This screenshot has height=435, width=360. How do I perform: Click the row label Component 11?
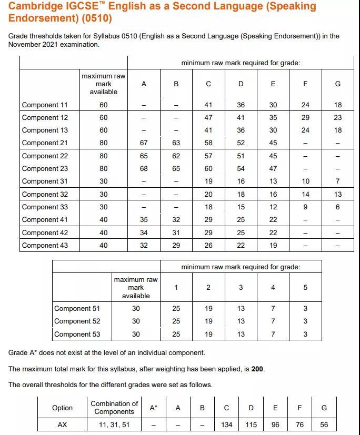pos(45,105)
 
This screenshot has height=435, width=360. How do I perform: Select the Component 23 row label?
pos(45,169)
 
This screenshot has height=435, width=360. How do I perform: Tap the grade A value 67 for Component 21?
pos(144,143)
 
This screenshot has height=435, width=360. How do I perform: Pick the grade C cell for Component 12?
pos(208,118)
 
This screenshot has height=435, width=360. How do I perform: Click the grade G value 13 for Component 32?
pos(338,195)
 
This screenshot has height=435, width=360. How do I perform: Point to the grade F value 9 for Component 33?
pos(306,207)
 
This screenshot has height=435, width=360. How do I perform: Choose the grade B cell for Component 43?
pos(176,246)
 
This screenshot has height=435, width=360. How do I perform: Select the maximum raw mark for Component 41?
pos(104,220)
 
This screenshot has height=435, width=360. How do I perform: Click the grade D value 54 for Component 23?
pos(241,169)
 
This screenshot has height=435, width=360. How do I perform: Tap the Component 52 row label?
pos(77,321)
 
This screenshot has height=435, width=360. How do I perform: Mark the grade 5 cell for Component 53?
pos(305,335)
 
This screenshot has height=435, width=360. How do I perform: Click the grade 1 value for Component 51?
pos(176,309)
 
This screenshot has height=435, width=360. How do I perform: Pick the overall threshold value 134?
pos(227,425)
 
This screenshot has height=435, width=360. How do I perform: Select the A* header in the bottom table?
pos(153,408)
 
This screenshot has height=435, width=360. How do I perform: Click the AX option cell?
pos(62,425)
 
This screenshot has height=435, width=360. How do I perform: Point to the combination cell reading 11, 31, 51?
pos(114,425)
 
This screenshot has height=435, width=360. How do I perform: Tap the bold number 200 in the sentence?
pos(257,369)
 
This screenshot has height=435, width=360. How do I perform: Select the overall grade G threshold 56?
pos(324,425)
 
